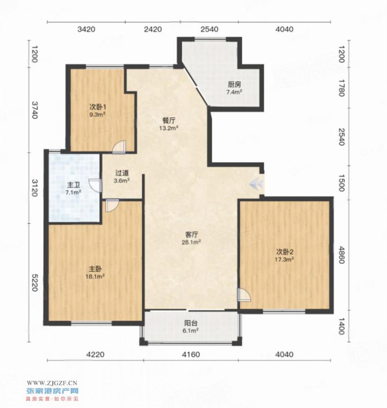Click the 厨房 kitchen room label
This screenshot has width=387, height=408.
(x=234, y=85)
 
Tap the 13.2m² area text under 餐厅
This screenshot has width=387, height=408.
(x=169, y=128)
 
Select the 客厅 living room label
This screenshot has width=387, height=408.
(x=192, y=235)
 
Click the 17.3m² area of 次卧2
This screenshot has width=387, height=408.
(x=285, y=259)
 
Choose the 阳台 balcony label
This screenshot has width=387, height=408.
(x=191, y=323)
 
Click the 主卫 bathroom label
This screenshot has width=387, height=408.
(x=73, y=185)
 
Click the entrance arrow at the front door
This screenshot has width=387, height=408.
(x=257, y=184)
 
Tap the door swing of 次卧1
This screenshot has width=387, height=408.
(x=119, y=147)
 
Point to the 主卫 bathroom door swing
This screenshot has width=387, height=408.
(x=95, y=185)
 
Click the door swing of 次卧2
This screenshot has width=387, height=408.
(x=244, y=295)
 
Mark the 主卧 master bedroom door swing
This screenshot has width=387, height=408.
(x=112, y=206)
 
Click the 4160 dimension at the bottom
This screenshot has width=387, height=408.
(x=191, y=354)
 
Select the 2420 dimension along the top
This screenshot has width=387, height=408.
(x=153, y=29)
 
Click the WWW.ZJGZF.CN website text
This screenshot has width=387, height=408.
(x=52, y=383)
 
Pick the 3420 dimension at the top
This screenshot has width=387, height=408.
(x=86, y=29)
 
